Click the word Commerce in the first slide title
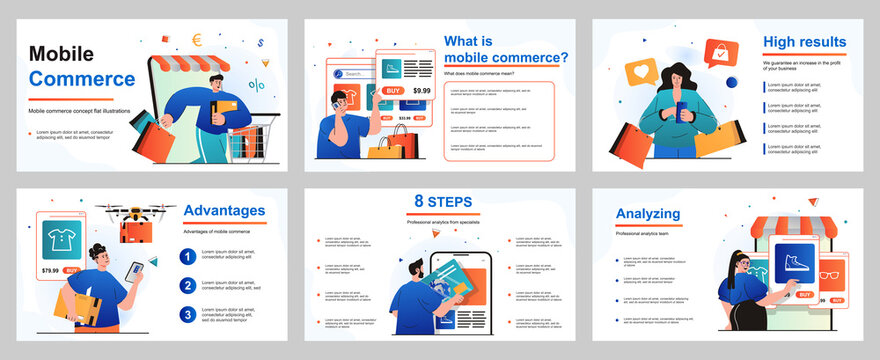82,78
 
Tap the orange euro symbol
198,40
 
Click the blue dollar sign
260,43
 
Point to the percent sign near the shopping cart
257,86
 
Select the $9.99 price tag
421,91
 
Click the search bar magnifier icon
338,74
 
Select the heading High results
804,42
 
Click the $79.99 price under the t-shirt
50,270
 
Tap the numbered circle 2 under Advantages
187,285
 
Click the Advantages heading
224,210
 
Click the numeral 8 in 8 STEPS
419,200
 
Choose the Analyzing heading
648,213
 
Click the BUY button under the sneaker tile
805,295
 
